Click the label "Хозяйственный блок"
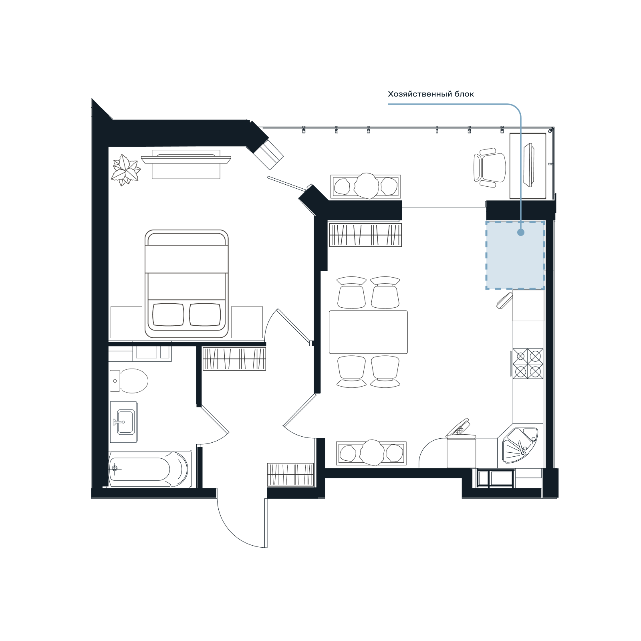[431, 94]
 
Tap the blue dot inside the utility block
[521, 232]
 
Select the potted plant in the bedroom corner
[126, 170]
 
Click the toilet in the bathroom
[129, 381]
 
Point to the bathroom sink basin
[125, 422]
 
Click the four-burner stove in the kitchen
[528, 363]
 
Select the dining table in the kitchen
[368, 332]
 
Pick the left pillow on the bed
[168, 314]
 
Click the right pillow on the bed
[205, 314]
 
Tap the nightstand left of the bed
[126, 323]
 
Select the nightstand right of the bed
[247, 323]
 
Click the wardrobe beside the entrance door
[290, 475]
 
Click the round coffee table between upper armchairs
[366, 186]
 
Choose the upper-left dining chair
[351, 292]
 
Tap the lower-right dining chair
[385, 372]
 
